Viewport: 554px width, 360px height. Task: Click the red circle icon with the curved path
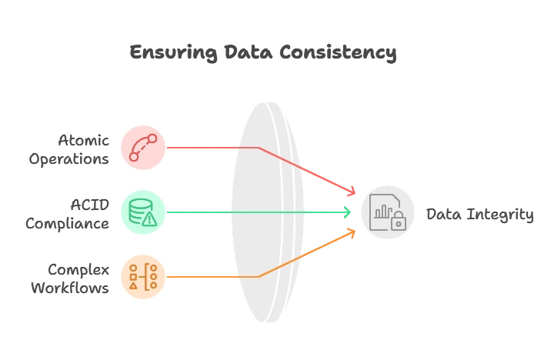point(143,147)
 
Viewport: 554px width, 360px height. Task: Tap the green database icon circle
point(143,212)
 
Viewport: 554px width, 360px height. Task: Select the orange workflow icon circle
point(143,276)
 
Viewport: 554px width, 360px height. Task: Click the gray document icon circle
point(387,212)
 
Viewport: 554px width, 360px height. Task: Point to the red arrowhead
point(351,191)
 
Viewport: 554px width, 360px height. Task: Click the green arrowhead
point(346,212)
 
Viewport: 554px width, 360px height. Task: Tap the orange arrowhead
point(351,232)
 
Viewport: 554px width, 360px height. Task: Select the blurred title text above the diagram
point(264,54)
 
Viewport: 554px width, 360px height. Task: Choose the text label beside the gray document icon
point(479,213)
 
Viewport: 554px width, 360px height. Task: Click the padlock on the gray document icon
point(398,223)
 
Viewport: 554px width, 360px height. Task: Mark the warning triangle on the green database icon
point(149,218)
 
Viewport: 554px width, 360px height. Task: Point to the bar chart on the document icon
point(382,215)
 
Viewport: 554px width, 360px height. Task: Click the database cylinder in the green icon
point(139,208)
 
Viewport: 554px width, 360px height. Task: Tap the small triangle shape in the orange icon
point(133,286)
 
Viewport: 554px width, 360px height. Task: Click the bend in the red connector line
point(259,147)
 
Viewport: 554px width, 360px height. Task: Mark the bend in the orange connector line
point(259,276)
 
